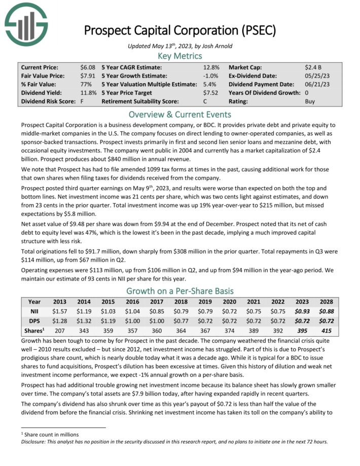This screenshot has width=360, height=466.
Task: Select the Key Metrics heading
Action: pyautogui.click(x=179, y=56)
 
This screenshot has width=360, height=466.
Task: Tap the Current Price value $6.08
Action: pyautogui.click(x=87, y=67)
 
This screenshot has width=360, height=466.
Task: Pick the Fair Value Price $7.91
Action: pyautogui.click(x=87, y=76)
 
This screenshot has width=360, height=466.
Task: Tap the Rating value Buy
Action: pyautogui.click(x=310, y=101)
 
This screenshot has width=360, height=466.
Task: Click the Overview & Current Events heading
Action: pyautogui.click(x=180, y=114)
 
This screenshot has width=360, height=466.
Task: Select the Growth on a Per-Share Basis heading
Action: pyautogui.click(x=179, y=291)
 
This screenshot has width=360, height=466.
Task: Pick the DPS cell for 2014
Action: pyautogui.click(x=84, y=320)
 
